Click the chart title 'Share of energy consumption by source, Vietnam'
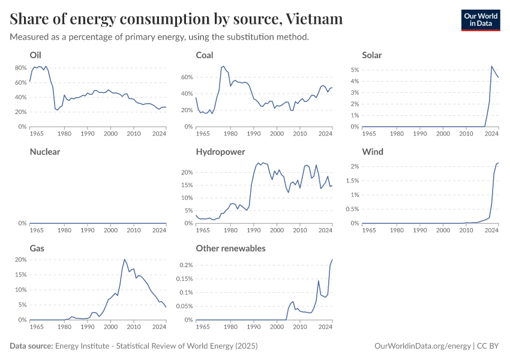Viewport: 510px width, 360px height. pyautogui.click(x=176, y=19)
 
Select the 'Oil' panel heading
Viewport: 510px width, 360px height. pyautogui.click(x=35, y=55)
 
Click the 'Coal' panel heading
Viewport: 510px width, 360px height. pyautogui.click(x=205, y=55)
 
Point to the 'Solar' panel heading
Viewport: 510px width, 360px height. pyautogui.click(x=372, y=55)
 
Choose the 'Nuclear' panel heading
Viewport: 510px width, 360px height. pyautogui.click(x=45, y=152)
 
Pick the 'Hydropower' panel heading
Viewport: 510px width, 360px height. pyautogui.click(x=220, y=152)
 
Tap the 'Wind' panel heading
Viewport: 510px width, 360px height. pyautogui.click(x=372, y=152)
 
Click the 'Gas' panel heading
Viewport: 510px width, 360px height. pyautogui.click(x=36, y=248)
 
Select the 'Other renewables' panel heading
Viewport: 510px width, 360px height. pyautogui.click(x=230, y=248)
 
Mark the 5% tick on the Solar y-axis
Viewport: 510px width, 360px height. pyautogui.click(x=355, y=70)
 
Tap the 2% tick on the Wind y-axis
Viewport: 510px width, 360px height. pyautogui.click(x=355, y=166)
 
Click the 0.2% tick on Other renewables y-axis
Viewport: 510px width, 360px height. pyautogui.click(x=185, y=265)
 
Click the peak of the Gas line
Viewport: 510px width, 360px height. pyautogui.click(x=124, y=259)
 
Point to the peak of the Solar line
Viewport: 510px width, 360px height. pyautogui.click(x=491, y=66)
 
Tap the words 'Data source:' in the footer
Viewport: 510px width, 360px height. pyautogui.click(x=31, y=346)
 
